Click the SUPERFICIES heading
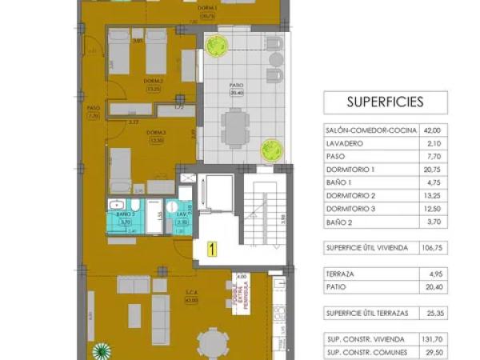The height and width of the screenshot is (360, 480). click(x=386, y=102)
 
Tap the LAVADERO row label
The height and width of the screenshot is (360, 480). click(x=345, y=143)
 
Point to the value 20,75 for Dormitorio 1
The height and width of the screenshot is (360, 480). click(x=433, y=170)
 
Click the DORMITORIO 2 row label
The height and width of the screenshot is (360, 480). click(x=351, y=196)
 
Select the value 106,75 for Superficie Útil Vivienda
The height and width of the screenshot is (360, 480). click(x=432, y=247)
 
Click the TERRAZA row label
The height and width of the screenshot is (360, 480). click(x=342, y=274)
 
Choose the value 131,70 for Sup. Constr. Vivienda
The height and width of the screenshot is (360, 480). click(x=432, y=338)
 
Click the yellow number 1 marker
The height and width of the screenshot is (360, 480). click(x=212, y=248)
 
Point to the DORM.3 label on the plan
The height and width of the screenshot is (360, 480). click(x=155, y=133)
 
